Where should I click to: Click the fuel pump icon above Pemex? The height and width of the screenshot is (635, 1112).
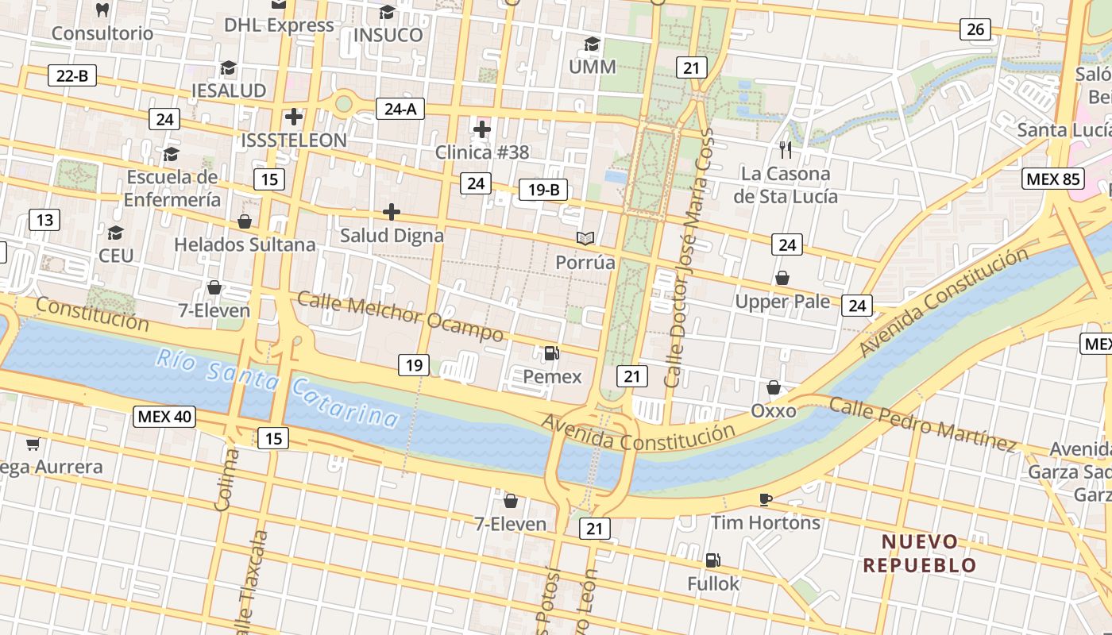[x=551, y=353]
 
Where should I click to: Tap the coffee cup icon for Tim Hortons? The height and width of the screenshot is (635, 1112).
[x=765, y=499]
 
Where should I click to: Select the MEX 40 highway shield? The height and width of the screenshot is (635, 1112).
[x=164, y=416]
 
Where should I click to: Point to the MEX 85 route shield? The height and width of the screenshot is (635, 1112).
[x=1052, y=179]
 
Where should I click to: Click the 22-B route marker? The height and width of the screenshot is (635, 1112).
[x=72, y=75]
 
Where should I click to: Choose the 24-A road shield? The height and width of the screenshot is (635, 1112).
[x=400, y=109]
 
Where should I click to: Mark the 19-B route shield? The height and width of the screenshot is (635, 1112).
[x=543, y=190]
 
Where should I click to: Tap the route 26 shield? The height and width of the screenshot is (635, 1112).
[x=975, y=29]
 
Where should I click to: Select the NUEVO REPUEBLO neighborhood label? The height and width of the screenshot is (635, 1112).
[x=920, y=553]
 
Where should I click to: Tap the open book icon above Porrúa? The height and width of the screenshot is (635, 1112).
[x=585, y=238]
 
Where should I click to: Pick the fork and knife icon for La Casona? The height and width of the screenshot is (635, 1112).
[x=786, y=149]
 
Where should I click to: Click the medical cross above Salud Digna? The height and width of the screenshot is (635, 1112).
[x=392, y=212]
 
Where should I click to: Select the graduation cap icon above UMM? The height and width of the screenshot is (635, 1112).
[x=592, y=44]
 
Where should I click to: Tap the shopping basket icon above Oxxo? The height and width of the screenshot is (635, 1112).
[x=774, y=387]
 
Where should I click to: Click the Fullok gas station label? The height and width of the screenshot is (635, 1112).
[x=713, y=583]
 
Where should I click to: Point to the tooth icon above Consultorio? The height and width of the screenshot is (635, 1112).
[x=102, y=10]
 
